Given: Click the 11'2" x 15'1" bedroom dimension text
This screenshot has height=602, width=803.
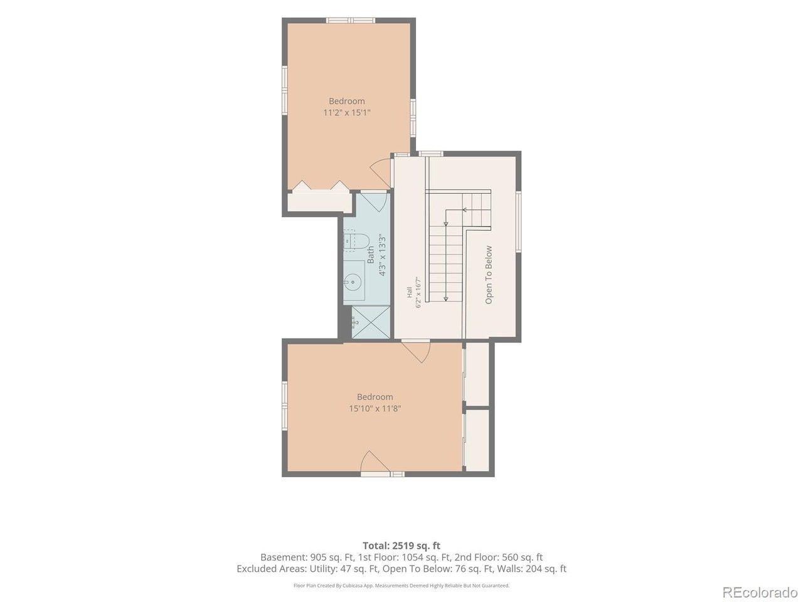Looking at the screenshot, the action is [x=346, y=113].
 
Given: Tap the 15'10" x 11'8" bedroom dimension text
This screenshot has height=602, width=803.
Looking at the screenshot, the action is [x=375, y=408].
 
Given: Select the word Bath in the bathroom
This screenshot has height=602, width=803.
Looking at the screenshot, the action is [x=371, y=255].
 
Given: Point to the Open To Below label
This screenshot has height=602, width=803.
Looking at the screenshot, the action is [x=488, y=275].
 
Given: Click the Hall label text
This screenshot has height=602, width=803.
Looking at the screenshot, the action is [x=410, y=292].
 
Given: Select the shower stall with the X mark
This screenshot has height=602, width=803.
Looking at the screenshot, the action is [x=371, y=323].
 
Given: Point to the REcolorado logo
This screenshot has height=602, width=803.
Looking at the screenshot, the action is [x=760, y=592].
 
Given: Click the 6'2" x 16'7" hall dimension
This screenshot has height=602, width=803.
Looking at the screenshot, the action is [x=418, y=292].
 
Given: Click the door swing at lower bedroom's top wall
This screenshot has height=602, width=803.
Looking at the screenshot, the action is [x=417, y=352].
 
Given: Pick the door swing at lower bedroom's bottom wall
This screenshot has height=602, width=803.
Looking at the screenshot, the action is [x=373, y=462].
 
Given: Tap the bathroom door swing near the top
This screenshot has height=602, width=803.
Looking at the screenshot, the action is [x=375, y=202].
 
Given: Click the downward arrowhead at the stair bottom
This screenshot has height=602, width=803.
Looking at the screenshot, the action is [x=445, y=298].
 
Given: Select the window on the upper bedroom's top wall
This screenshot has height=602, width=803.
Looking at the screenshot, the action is [x=351, y=21].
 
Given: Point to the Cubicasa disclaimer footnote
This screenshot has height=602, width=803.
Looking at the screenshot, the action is [x=401, y=586].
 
